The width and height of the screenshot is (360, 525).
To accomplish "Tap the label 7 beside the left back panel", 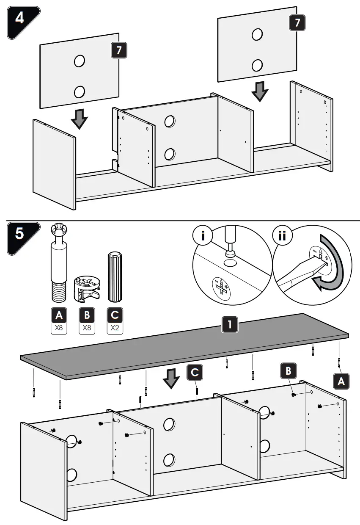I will click(x=118, y=50).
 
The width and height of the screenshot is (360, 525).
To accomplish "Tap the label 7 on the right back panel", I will click(x=297, y=23).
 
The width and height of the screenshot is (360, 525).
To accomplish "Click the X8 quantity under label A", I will click(x=59, y=328).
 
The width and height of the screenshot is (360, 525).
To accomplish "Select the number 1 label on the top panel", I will click(x=229, y=325).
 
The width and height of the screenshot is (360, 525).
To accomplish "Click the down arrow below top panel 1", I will click(x=171, y=378).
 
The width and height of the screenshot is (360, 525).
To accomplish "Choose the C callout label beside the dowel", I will click(x=194, y=373).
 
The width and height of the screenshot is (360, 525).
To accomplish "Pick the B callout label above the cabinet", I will click(x=289, y=371).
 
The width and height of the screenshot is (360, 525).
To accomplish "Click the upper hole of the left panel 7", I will click(x=79, y=61).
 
